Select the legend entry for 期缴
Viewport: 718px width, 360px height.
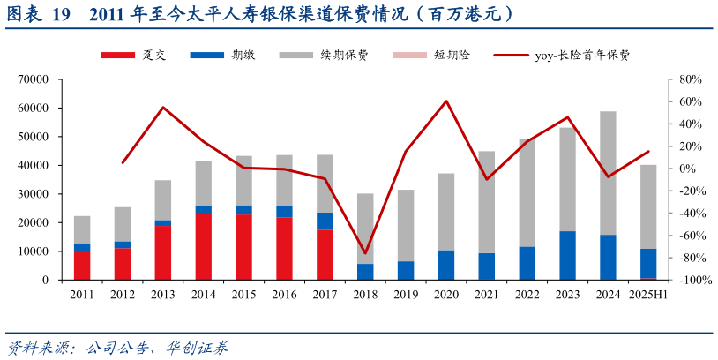226,56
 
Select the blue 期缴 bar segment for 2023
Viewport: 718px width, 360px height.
568,255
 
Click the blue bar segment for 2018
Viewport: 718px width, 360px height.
365,272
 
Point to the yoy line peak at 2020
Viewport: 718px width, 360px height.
446,101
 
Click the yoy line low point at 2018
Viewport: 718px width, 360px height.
365,253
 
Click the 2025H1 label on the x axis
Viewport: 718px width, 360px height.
648,295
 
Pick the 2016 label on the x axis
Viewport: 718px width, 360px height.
284,295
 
